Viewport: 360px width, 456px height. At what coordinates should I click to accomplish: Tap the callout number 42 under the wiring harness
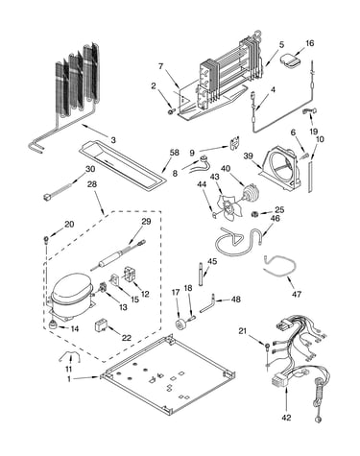pos(286,418)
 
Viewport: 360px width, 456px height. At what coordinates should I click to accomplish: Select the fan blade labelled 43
pos(229,209)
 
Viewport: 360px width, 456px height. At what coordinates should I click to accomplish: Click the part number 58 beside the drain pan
pos(175,153)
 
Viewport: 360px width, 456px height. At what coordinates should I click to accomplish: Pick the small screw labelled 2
pos(171,110)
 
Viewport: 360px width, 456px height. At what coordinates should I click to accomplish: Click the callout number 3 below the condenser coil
pos(113,140)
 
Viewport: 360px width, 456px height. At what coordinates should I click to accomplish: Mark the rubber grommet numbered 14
pos(53,324)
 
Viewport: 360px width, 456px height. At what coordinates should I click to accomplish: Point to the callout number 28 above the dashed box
pos(93,184)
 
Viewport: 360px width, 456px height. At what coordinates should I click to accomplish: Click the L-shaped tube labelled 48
pos(208,304)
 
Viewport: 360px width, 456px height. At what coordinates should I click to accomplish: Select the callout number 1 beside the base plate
pos(69,378)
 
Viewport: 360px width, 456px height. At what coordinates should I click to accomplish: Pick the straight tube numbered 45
pos(201,275)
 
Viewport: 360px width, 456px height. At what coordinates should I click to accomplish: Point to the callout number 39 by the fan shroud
pos(249,156)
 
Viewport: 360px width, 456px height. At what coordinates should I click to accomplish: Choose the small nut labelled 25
pos(255,214)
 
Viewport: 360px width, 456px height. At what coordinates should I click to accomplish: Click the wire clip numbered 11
pos(69,355)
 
